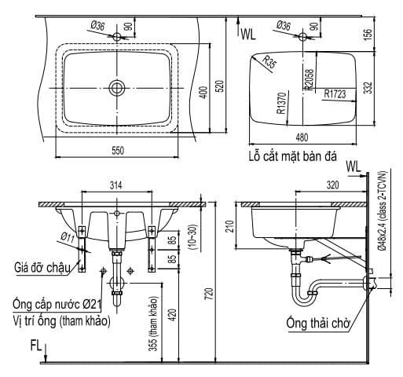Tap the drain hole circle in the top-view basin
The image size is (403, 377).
pos(118,87)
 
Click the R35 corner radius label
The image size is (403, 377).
pos(269,62)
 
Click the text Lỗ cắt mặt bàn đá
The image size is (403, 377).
pos(290,157)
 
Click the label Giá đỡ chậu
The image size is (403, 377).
pos(39,268)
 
